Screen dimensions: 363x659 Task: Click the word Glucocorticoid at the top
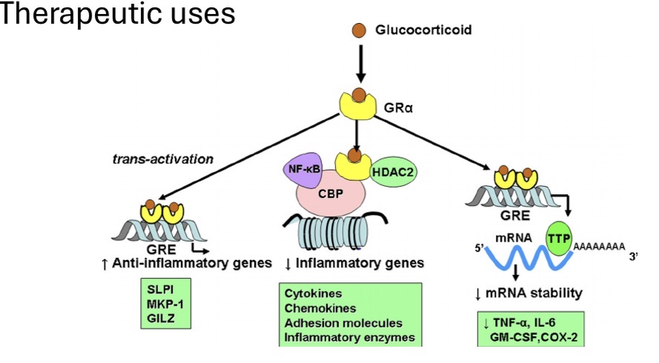(x=423, y=30)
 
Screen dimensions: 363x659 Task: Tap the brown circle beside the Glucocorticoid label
(x=359, y=30)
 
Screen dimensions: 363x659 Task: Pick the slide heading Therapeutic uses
(x=117, y=15)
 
